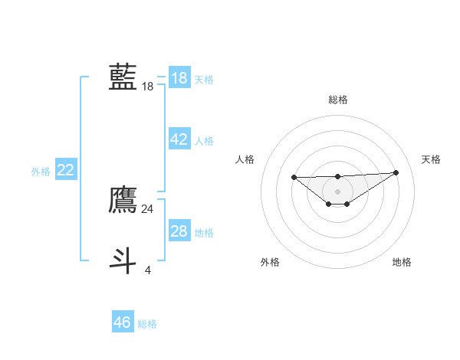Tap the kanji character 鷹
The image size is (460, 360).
point(123,199)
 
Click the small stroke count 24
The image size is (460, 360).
point(148,208)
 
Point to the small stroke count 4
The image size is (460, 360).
point(148,269)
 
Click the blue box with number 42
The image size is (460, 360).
point(179,139)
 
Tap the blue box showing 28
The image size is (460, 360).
point(179,231)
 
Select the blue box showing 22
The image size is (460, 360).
point(65,170)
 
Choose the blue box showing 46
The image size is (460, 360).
point(123,322)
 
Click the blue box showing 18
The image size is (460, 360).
point(179,78)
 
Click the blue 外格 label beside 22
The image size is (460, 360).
point(41,172)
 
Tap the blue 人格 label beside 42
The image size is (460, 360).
point(204,141)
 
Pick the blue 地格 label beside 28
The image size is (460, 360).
point(204,233)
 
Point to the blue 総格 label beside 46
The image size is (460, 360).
point(147,324)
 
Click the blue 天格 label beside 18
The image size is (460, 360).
point(204,80)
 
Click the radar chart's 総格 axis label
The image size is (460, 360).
point(337,100)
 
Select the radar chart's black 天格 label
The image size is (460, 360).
point(431,159)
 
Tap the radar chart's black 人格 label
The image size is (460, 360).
point(245,159)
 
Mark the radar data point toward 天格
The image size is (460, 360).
point(396,172)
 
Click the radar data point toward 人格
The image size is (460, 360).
point(294,178)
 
